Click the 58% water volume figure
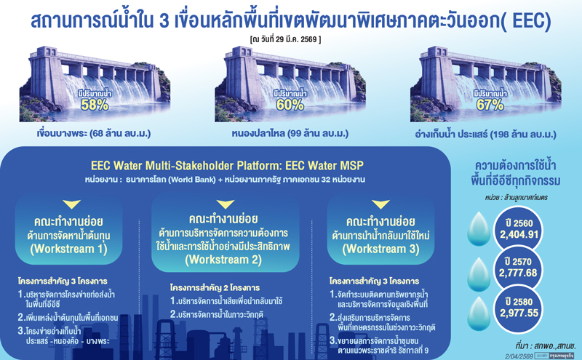[95, 105]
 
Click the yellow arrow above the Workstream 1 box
[71, 204]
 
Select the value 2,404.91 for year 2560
[518, 234]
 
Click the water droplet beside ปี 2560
[477, 228]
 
